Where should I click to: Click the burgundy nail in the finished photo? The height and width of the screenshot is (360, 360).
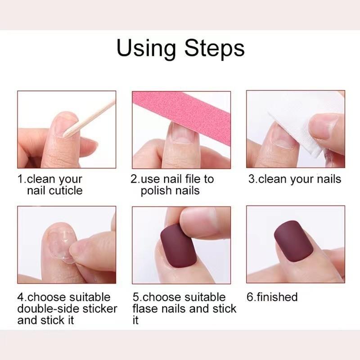tap(293, 241)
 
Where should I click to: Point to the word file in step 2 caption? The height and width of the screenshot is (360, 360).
tap(191, 179)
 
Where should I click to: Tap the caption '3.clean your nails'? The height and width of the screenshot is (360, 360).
tap(295, 179)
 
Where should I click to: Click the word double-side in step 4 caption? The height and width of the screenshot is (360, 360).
tap(46, 309)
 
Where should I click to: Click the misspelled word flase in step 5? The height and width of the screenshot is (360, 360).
tap(147, 309)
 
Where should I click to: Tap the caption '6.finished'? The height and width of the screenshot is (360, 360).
tap(272, 297)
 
